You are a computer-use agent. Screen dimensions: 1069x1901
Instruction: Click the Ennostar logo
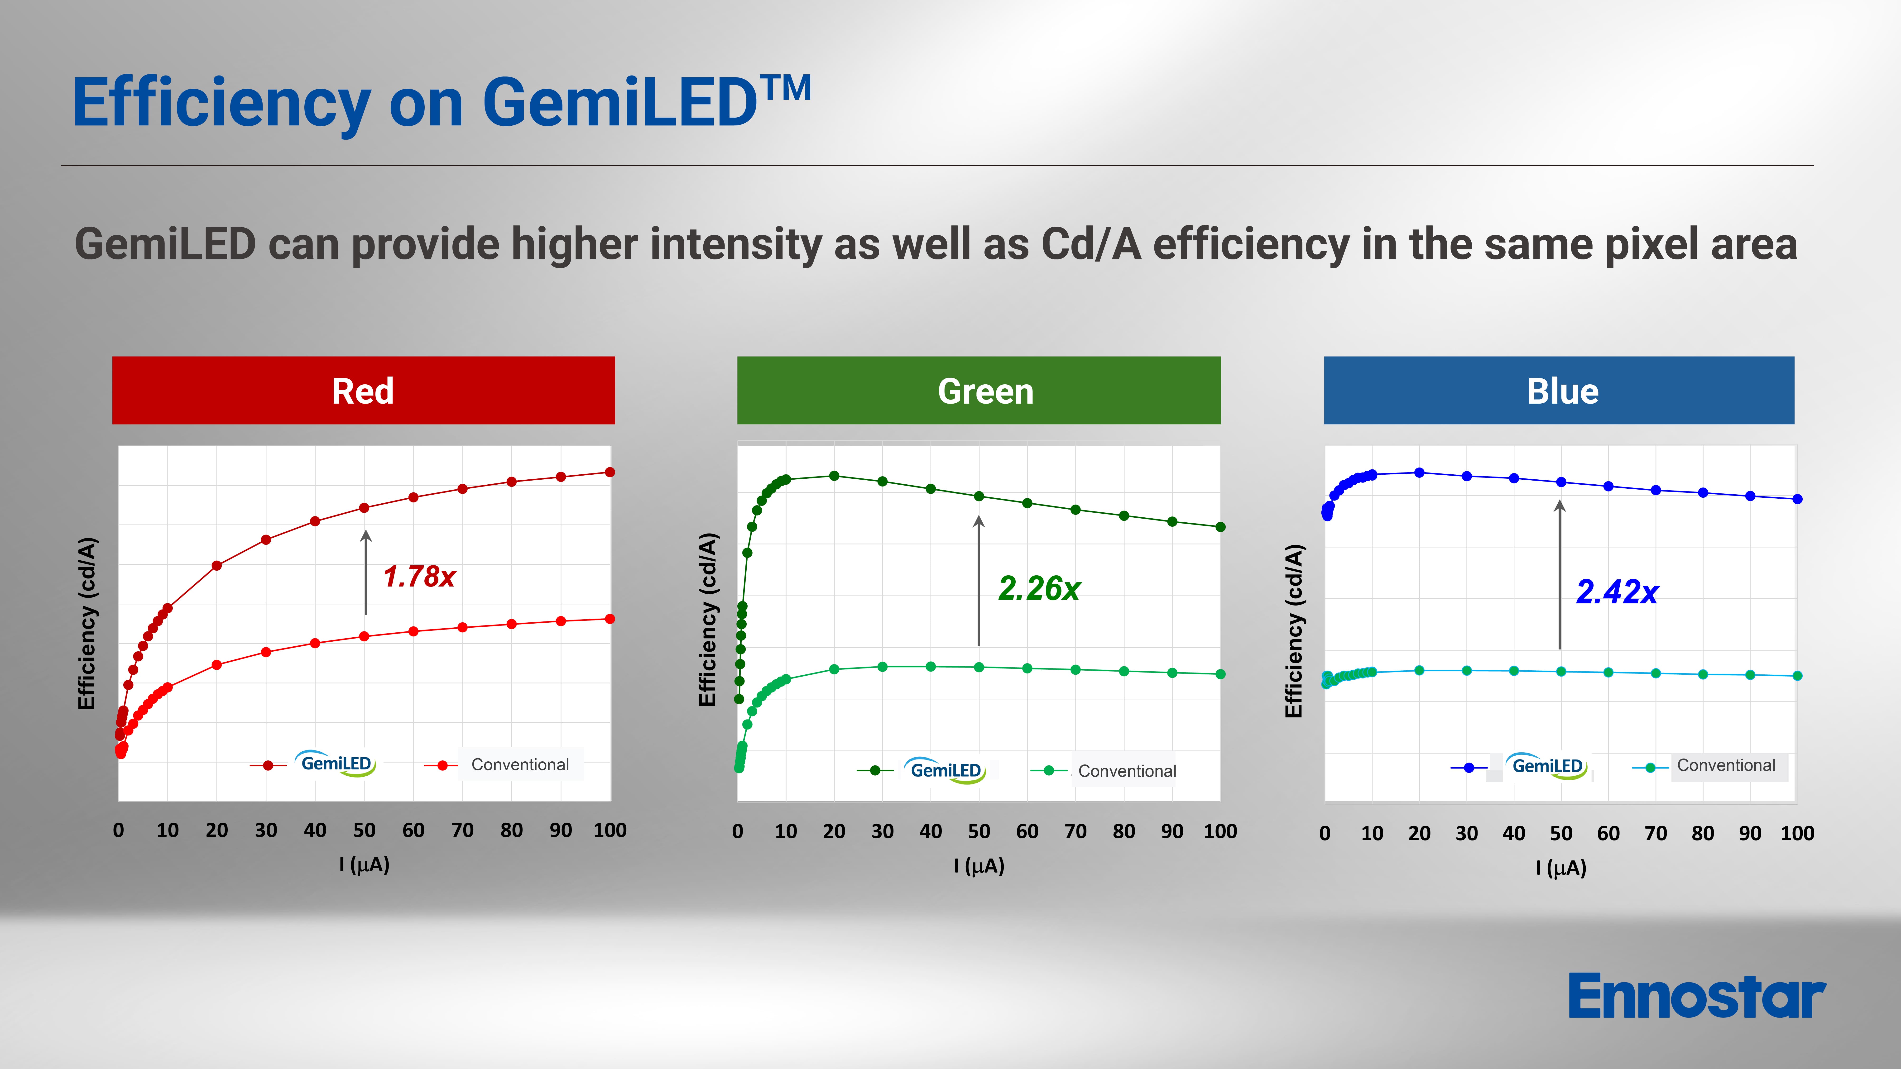click(x=1696, y=996)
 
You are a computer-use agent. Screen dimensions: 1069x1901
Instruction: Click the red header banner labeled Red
click(x=363, y=390)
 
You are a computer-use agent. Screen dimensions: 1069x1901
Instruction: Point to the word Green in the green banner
click(x=985, y=391)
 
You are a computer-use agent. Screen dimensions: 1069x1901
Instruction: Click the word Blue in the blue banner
click(x=1562, y=391)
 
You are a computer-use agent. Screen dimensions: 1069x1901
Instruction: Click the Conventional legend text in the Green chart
click(x=1127, y=771)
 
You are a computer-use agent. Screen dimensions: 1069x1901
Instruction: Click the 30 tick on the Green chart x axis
click(x=882, y=831)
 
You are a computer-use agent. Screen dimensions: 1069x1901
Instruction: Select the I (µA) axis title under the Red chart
click(x=364, y=864)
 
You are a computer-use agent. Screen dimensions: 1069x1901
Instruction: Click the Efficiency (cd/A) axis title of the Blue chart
click(x=1294, y=631)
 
